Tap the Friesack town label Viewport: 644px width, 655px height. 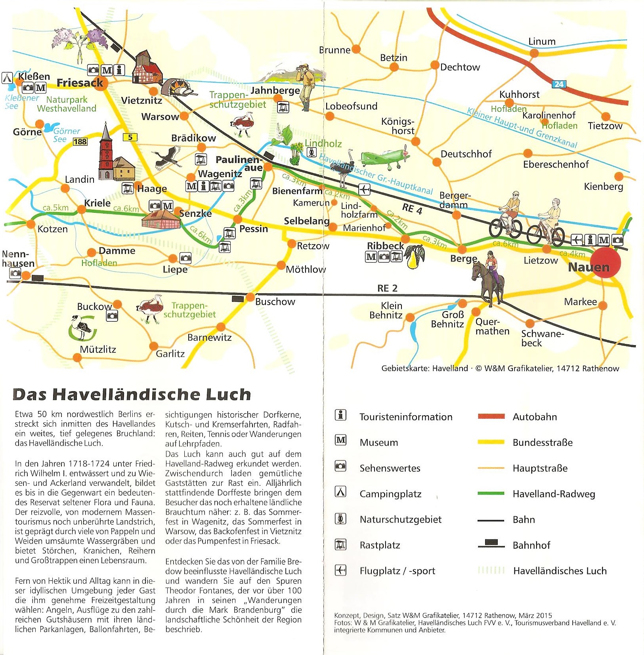pos(80,83)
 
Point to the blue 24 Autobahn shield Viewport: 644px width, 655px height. pos(559,84)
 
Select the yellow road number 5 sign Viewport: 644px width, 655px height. pos(130,137)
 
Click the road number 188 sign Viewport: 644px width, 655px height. pos(80,141)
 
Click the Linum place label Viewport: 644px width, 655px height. pos(542,42)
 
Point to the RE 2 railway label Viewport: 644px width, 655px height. pos(387,288)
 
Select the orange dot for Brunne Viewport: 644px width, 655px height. pos(356,49)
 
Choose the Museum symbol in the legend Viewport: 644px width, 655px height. pos(340,440)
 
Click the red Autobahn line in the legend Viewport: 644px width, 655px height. pos(491,416)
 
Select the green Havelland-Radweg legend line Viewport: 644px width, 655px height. pos(491,493)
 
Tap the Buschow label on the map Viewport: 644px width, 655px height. pos(275,302)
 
